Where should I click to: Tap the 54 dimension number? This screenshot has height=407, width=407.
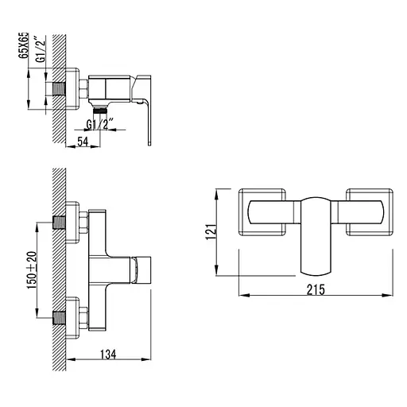[x=82, y=141]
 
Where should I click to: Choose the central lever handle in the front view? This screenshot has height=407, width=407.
[x=317, y=235]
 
